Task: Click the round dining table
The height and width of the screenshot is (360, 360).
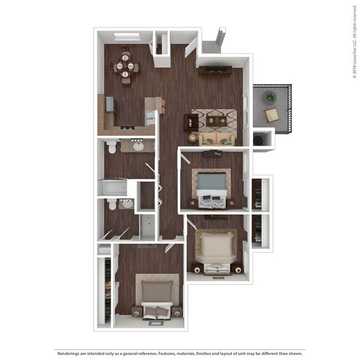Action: [125, 66]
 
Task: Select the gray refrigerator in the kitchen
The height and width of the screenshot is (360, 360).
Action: [109, 105]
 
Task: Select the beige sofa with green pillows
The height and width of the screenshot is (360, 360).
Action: [218, 138]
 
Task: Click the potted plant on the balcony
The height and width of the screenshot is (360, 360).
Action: [270, 97]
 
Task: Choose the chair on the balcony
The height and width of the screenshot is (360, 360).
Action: [272, 115]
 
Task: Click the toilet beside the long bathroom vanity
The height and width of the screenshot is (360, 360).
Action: [111, 147]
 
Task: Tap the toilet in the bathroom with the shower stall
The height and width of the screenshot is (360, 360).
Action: [111, 205]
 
